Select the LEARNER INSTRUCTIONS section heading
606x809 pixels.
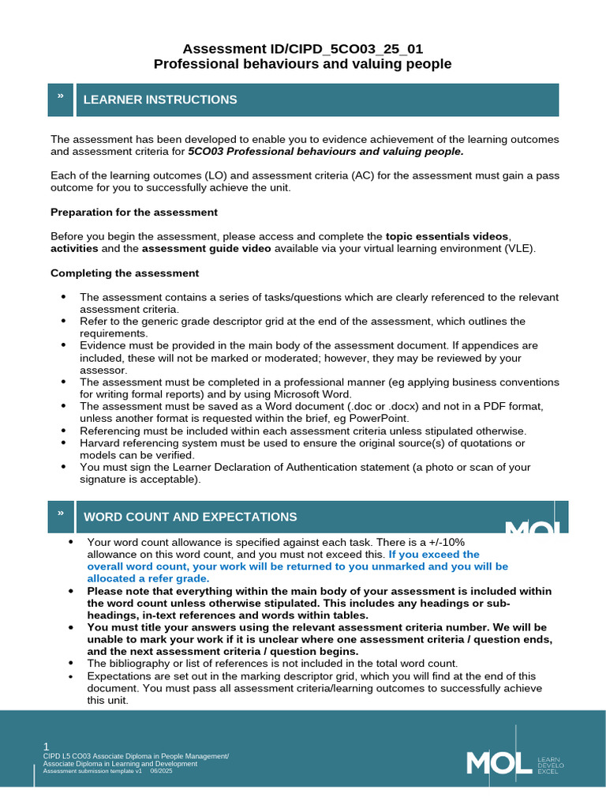pyautogui.click(x=160, y=100)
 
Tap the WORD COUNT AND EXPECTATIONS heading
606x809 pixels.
pyautogui.click(x=190, y=517)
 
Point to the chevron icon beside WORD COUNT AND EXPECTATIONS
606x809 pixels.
pyautogui.click(x=60, y=514)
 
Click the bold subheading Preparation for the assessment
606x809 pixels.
pyautogui.click(x=134, y=212)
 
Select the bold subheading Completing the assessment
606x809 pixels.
pyautogui.click(x=125, y=273)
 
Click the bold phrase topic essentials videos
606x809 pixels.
pyautogui.click(x=447, y=236)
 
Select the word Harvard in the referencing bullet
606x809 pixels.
pyautogui.click(x=101, y=443)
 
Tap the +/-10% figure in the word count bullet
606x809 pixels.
pyautogui.click(x=443, y=542)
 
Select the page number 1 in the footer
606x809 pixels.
pyautogui.click(x=46, y=747)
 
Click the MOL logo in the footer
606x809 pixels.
pyautogui.click(x=499, y=762)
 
